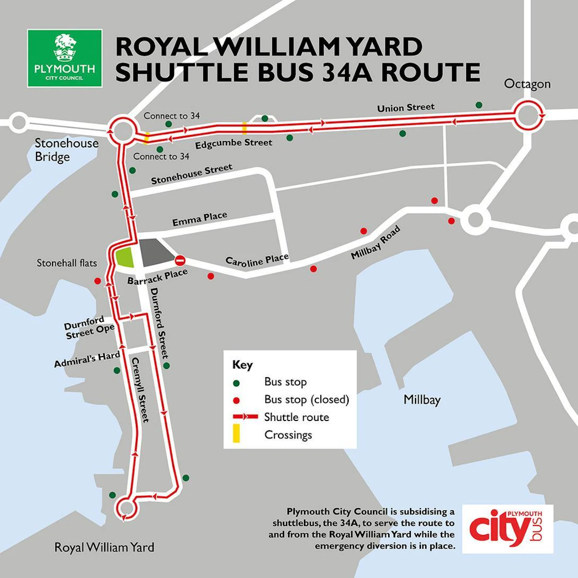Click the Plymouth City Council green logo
65,58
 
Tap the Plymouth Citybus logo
508,528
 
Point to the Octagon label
527,84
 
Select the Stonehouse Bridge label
66,150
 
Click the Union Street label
406,107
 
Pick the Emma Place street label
199,219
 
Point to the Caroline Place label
257,260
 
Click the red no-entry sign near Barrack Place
180,261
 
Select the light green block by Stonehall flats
125,257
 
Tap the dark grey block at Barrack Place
155,251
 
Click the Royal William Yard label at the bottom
104,548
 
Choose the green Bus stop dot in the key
236,383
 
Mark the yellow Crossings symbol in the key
236,434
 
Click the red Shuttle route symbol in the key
246,417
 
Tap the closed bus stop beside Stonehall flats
98,281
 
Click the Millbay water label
422,400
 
